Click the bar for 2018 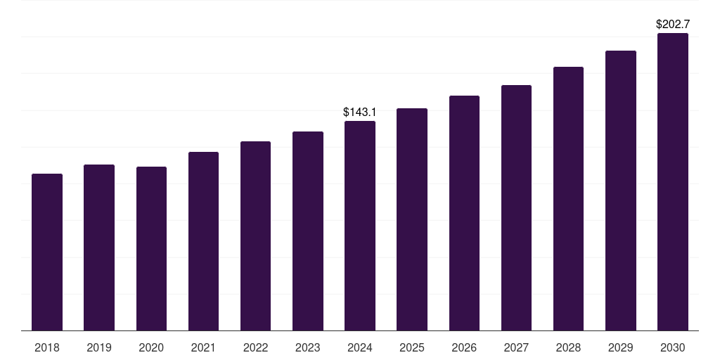47,252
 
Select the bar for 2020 152,248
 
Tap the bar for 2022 255,236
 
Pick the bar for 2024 360,226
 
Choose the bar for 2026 464,213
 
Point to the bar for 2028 568,199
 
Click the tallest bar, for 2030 673,182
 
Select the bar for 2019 99,247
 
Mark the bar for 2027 516,208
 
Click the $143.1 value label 359,112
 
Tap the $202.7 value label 673,25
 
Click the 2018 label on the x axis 47,347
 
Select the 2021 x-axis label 203,347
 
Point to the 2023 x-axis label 308,347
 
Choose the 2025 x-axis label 412,347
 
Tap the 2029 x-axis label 620,347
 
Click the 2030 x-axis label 673,347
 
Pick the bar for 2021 203,241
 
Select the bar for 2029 621,191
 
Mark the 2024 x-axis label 360,347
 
